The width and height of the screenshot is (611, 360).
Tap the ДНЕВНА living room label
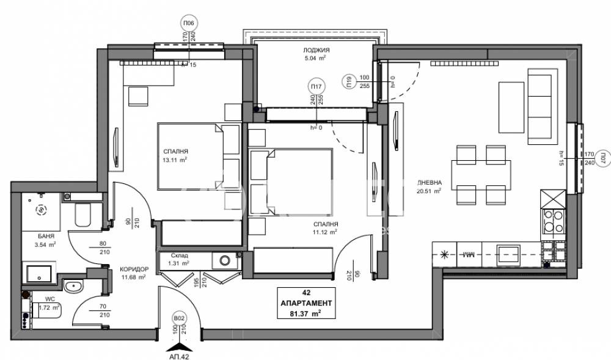(x=426, y=183)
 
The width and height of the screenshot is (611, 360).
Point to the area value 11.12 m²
(x=324, y=232)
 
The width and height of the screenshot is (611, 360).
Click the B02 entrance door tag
(x=179, y=318)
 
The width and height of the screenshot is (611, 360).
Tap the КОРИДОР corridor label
(x=133, y=269)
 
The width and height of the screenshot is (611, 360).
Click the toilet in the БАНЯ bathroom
(x=83, y=217)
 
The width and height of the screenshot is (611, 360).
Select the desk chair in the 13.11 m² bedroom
(x=138, y=97)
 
